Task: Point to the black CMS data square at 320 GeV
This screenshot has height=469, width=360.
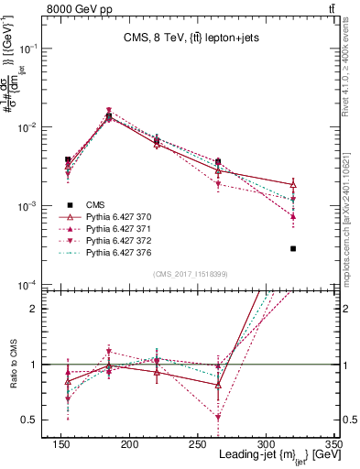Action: point(293,248)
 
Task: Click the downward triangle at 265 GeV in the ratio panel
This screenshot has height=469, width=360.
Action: point(243,418)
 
